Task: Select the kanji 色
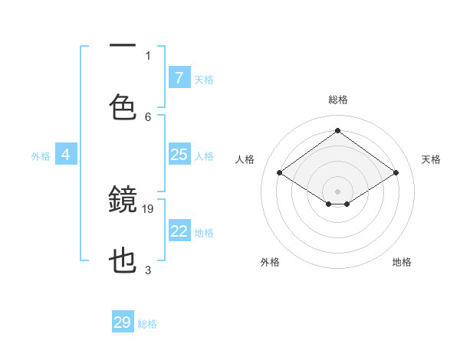click(x=123, y=107)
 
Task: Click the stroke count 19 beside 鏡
click(x=148, y=208)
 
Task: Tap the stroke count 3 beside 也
click(x=148, y=270)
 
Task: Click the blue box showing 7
click(x=179, y=78)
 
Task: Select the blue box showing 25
click(x=179, y=155)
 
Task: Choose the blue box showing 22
click(x=179, y=231)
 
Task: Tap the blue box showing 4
click(x=65, y=155)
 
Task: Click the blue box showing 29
click(x=123, y=322)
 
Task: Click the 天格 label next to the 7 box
click(x=204, y=79)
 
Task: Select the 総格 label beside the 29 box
click(x=147, y=324)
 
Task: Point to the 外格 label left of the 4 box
click(x=41, y=155)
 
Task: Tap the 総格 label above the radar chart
click(x=338, y=100)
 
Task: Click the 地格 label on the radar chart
click(x=402, y=262)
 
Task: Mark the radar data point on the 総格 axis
click(x=337, y=131)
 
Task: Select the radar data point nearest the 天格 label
click(x=396, y=173)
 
